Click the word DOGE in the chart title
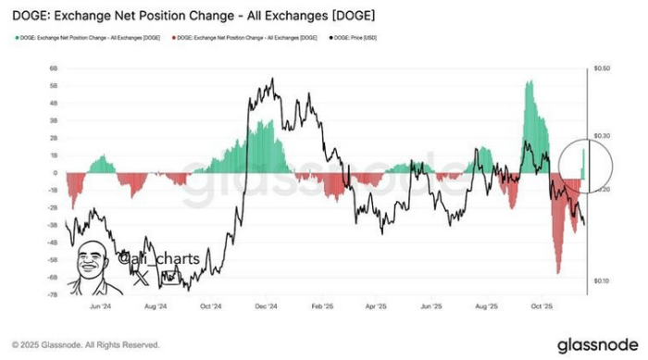(x=35, y=14)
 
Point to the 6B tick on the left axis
(x=55, y=68)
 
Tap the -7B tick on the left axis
(x=54, y=292)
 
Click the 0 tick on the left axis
(x=56, y=172)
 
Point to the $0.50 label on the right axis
(x=602, y=69)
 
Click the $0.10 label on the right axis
(x=602, y=279)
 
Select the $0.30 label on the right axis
(x=602, y=135)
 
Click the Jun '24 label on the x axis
(x=102, y=304)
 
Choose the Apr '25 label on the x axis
(x=376, y=304)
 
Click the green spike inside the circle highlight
(x=583, y=159)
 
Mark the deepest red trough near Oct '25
(x=558, y=271)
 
